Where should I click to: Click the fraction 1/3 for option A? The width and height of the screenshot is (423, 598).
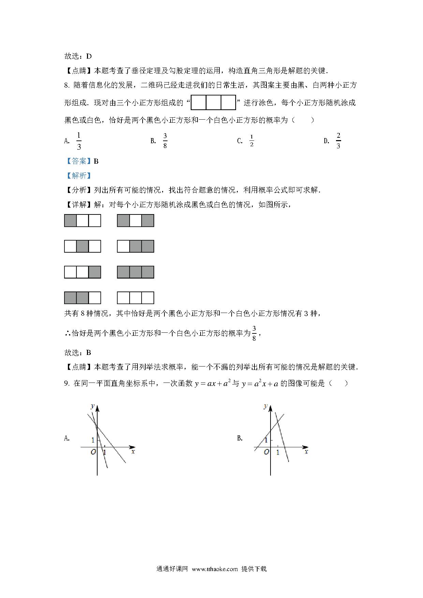[79, 141]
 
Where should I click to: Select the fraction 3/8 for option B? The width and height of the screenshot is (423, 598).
[165, 141]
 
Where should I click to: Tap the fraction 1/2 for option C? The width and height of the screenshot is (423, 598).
[252, 140]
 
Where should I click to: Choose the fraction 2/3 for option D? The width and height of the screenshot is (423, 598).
[338, 141]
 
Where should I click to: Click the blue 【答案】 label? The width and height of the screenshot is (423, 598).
[78, 161]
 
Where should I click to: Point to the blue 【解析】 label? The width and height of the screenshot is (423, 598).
[78, 176]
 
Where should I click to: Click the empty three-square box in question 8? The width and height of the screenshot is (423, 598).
[213, 103]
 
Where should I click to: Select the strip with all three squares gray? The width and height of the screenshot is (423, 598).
[135, 272]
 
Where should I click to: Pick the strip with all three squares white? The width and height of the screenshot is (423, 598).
[135, 298]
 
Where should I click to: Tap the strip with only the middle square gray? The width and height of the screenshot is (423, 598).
[83, 246]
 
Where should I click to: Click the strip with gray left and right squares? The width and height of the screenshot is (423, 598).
[135, 221]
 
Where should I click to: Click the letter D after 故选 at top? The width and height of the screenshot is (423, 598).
[89, 56]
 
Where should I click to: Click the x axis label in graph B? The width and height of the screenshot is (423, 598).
[306, 452]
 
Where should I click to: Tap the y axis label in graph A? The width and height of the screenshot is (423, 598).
[92, 406]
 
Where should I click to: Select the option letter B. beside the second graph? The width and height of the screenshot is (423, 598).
[240, 438]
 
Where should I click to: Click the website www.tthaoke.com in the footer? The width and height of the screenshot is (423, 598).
[215, 569]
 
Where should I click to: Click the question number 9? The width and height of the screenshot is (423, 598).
[67, 384]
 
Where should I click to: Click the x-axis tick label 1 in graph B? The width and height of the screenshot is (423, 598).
[278, 452]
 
